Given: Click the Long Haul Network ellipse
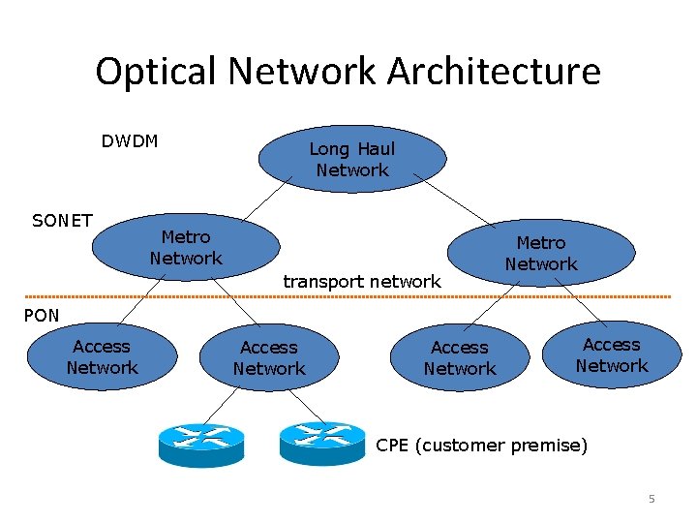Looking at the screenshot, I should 351,159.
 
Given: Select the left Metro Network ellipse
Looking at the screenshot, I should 185,247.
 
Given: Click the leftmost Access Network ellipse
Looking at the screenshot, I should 102,356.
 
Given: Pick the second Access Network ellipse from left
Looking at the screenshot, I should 269,357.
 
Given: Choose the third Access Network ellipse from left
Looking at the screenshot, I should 460,357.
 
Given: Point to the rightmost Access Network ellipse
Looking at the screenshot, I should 611,354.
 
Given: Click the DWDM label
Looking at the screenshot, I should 130,141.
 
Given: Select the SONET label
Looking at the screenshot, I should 62,221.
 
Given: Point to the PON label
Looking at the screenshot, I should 42,315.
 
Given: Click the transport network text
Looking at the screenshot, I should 361,281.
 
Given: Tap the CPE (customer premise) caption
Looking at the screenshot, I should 481,446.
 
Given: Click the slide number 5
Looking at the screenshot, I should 652,499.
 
